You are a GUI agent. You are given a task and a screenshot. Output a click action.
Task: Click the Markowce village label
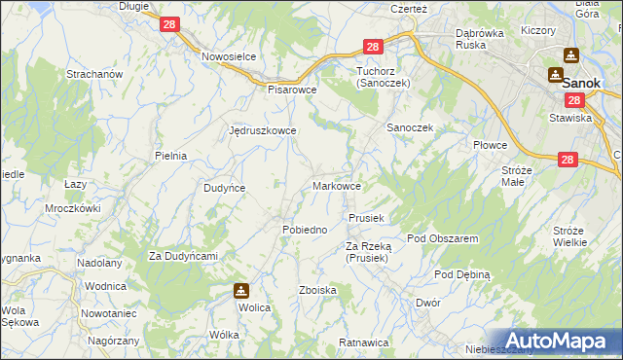tap(338, 185)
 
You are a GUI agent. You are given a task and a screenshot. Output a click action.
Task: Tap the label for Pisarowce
tap(293, 89)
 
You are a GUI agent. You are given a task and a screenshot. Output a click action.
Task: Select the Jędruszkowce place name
tap(262, 129)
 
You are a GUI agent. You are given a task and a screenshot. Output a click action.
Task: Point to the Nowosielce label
tap(229, 56)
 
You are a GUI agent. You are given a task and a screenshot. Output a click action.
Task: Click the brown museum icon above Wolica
tap(240, 290)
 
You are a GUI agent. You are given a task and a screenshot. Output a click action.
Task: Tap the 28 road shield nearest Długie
tap(168, 25)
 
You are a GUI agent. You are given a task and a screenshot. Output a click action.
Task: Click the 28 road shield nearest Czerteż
tap(373, 47)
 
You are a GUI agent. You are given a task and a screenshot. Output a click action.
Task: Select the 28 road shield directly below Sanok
tap(573, 100)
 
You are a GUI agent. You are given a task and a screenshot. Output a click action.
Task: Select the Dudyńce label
tap(224, 188)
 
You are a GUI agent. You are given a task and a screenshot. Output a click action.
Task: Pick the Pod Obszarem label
tap(442, 238)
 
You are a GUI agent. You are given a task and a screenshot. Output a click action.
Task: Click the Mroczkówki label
tap(73, 208)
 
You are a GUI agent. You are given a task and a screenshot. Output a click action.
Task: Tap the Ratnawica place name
tap(364, 342)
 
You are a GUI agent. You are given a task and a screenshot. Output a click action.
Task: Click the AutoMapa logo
tap(560, 341)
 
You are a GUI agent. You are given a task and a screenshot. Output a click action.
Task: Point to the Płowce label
tap(491, 145)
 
